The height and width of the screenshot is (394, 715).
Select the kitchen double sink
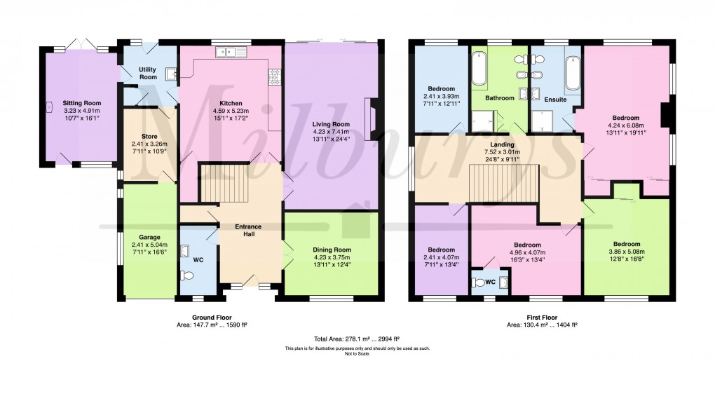tap(233, 51)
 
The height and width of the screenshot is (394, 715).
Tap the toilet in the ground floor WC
tap(186, 275)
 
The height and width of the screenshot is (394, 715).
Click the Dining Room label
tap(332, 250)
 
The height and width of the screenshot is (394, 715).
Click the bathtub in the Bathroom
tap(479, 73)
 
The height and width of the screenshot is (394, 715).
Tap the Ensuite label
tap(555, 100)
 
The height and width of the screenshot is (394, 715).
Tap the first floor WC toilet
tap(480, 282)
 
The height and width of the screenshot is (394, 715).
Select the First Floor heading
tap(542, 317)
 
